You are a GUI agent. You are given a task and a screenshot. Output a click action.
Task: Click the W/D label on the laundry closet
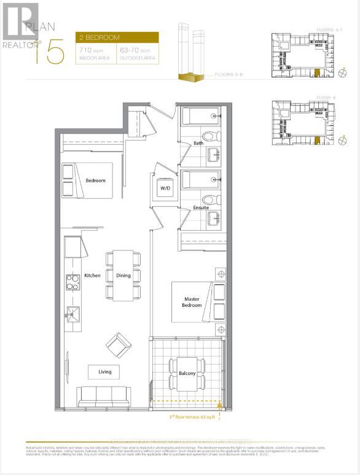click(x=165, y=188)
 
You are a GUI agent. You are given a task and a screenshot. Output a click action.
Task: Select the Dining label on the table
click(x=123, y=276)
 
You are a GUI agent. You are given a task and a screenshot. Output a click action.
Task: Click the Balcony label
click(x=187, y=374)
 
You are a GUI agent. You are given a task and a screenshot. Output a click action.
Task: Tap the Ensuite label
click(x=202, y=207)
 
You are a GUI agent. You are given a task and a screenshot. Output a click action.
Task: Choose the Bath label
click(x=198, y=144)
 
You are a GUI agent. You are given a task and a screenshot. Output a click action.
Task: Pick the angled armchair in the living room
click(x=118, y=346)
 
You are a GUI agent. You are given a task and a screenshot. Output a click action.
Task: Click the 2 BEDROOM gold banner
click(x=117, y=37)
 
